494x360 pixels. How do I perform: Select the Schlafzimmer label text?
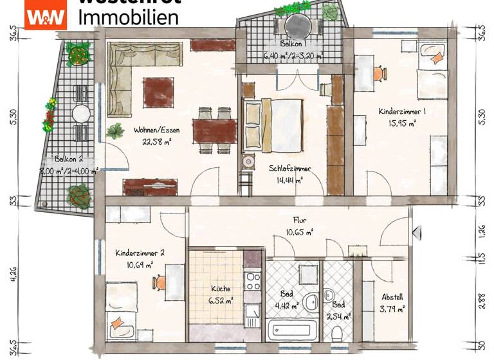click(x=289, y=168)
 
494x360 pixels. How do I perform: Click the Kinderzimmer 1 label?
click(x=403, y=111)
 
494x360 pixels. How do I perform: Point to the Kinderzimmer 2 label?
click(x=140, y=253)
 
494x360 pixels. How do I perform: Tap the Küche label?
click(x=220, y=289)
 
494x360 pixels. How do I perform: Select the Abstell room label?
click(x=392, y=297)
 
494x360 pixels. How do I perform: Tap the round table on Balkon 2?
click(x=82, y=114)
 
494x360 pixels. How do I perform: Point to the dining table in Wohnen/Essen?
click(x=215, y=130)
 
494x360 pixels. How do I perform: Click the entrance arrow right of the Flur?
click(x=417, y=231)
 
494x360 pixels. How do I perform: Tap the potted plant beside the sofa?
click(x=116, y=132)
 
